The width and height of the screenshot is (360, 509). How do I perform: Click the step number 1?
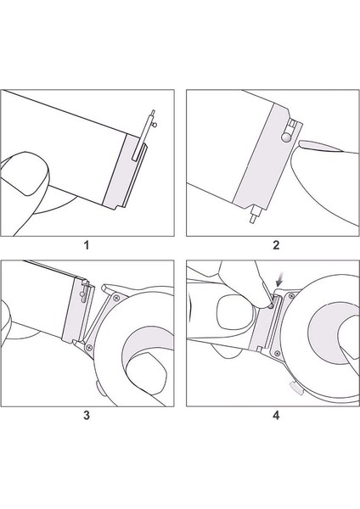pyautogui.click(x=86, y=245)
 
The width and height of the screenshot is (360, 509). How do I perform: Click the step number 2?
pyautogui.click(x=276, y=245)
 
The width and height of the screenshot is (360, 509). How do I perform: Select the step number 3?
pyautogui.click(x=86, y=415)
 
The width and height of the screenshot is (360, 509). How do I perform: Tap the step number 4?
pyautogui.click(x=276, y=415)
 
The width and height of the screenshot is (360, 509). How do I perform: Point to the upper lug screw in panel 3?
pyautogui.click(x=116, y=298)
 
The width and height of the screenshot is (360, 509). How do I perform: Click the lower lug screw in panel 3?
pyautogui.click(x=89, y=348)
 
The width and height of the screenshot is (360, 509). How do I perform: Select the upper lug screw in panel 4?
pyautogui.click(x=291, y=296)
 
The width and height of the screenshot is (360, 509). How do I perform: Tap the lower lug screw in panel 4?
pyautogui.click(x=277, y=354)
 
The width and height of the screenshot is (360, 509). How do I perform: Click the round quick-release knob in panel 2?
pyautogui.click(x=286, y=137)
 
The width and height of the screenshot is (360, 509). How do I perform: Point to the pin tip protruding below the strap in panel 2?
pyautogui.click(x=253, y=219)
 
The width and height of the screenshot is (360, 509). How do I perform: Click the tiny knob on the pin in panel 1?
pyautogui.click(x=155, y=125)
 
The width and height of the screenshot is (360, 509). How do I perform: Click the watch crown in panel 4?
pyautogui.click(x=296, y=389)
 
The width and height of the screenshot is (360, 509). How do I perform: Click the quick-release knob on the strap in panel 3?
pyautogui.click(x=82, y=294)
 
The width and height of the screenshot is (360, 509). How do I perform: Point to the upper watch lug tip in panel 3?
pyautogui.click(x=104, y=287)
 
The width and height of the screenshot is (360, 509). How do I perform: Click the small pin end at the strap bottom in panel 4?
pyautogui.click(x=259, y=349)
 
